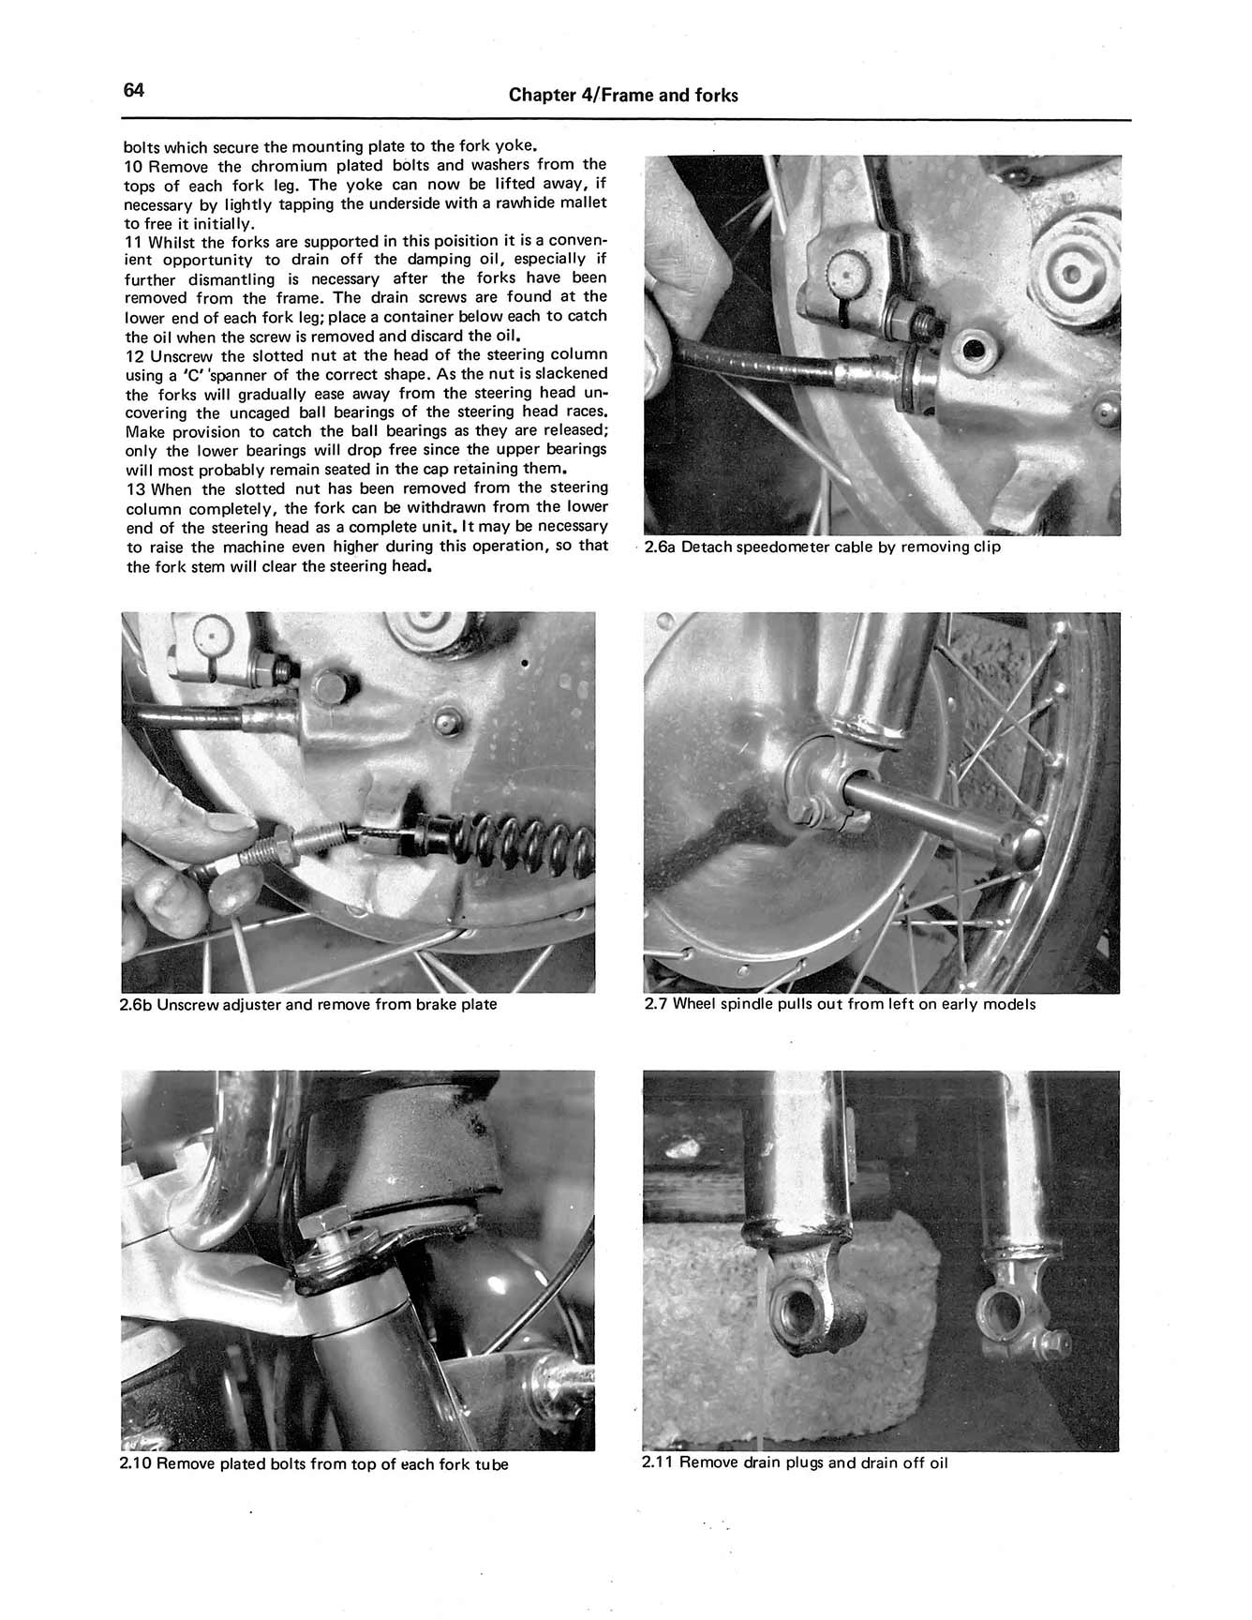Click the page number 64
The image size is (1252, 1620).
(133, 91)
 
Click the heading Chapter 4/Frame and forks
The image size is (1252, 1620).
(622, 96)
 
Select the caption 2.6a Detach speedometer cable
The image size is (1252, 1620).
(822, 547)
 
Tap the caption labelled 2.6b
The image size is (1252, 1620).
(308, 1005)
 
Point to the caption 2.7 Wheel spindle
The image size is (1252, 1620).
(840, 1005)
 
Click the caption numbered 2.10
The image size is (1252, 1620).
(314, 1464)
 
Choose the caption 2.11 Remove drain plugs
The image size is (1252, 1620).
(795, 1463)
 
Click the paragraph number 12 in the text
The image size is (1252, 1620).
(135, 355)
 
